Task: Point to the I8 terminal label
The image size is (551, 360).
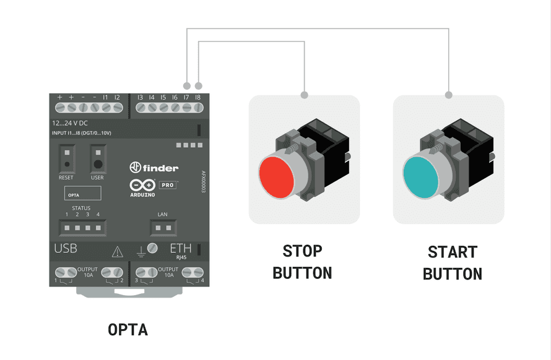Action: point(197,97)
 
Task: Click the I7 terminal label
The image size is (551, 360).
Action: point(186,97)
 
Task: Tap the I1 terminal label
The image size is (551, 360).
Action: point(106,97)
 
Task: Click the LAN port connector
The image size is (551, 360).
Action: point(162,228)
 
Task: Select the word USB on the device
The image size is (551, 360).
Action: point(66,249)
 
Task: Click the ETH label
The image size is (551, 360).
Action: point(180,249)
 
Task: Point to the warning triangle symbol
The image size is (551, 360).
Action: point(117,251)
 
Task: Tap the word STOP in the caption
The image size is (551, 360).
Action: point(302,251)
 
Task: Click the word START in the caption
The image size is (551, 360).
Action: point(453,252)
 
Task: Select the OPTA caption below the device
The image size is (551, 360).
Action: point(128,329)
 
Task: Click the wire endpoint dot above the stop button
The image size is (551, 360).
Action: point(304,95)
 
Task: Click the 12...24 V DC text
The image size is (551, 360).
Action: point(70,123)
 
